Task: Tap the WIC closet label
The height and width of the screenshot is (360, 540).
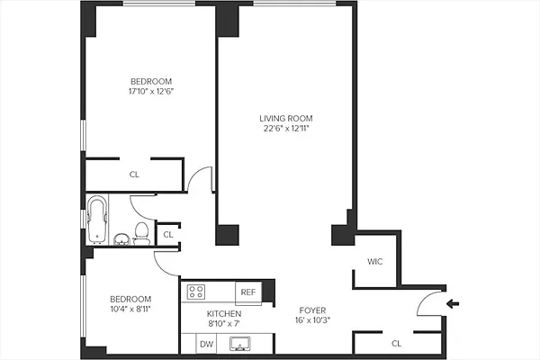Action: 376,263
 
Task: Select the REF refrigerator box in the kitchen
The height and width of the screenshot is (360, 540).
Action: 248,292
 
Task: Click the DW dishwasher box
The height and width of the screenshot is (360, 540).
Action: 206,344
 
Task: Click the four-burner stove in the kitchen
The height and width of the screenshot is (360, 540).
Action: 196,292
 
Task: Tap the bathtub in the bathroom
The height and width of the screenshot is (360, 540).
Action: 97,220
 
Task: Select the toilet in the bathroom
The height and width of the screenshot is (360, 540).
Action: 139,231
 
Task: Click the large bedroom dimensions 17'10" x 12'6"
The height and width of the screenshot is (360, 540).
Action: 150,91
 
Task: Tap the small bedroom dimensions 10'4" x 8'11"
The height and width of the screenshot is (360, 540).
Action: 130,309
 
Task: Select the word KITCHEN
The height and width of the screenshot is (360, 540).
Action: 224,313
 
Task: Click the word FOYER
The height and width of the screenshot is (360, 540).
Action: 312,310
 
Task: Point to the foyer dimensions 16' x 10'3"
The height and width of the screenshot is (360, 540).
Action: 312,319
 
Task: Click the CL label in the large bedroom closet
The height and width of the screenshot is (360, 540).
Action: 134,175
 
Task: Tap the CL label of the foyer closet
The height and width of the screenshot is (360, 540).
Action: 396,343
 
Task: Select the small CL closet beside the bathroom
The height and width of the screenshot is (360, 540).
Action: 167,235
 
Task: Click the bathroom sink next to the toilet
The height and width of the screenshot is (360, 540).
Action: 121,238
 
